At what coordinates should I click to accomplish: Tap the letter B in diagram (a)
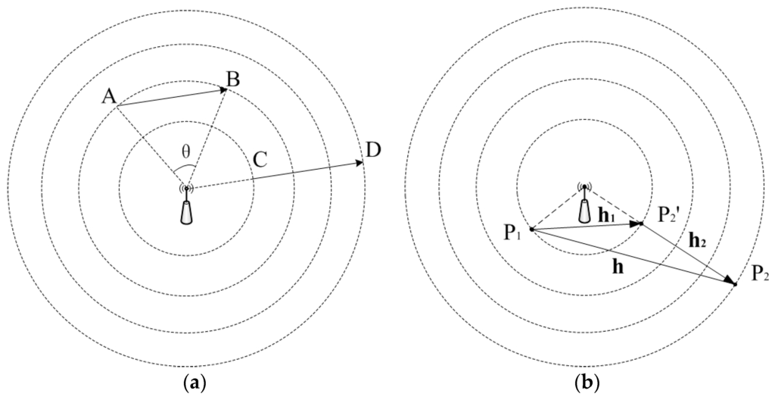pos(233,78)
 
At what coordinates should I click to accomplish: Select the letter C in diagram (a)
pos(260,160)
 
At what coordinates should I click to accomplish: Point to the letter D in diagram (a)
pos(372,149)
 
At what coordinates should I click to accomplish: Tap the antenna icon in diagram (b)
pos(584,202)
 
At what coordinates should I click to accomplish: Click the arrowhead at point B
pos(223,90)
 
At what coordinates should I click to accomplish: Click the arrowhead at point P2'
pos(639,223)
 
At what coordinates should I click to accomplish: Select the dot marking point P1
pos(532,229)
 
